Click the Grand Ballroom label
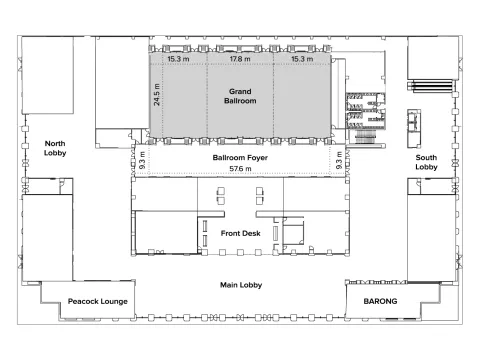pyautogui.click(x=240, y=96)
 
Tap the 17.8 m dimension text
pyautogui.click(x=240, y=59)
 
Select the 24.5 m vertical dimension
pyautogui.click(x=156, y=95)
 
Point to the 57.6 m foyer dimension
pyautogui.click(x=240, y=169)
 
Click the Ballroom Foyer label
pyautogui.click(x=240, y=157)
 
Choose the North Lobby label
pyautogui.click(x=55, y=148)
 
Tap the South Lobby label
pyautogui.click(x=426, y=162)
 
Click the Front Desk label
pyautogui.click(x=240, y=233)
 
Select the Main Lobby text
pyautogui.click(x=241, y=285)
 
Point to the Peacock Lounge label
pyautogui.click(x=98, y=301)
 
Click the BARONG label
pyautogui.click(x=380, y=301)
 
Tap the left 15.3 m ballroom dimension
pyautogui.click(x=178, y=59)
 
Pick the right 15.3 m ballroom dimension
pyautogui.click(x=302, y=59)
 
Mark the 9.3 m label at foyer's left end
pyautogui.click(x=142, y=160)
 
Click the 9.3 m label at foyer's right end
pyautogui.click(x=339, y=160)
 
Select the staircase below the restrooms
pyautogui.click(x=365, y=137)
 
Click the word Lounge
pyautogui.click(x=114, y=302)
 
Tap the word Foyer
pyautogui.click(x=257, y=158)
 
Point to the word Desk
pyautogui.click(x=251, y=233)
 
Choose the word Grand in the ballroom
pyautogui.click(x=240, y=91)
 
